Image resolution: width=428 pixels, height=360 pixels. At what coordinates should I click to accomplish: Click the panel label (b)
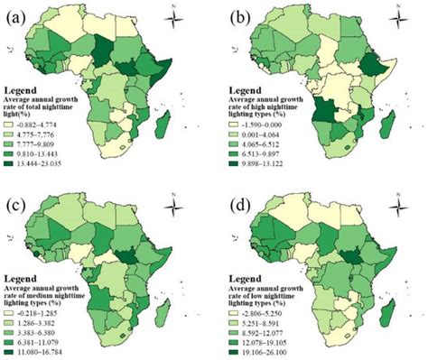[234, 12]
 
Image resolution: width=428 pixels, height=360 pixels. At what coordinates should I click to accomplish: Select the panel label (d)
[234, 194]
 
